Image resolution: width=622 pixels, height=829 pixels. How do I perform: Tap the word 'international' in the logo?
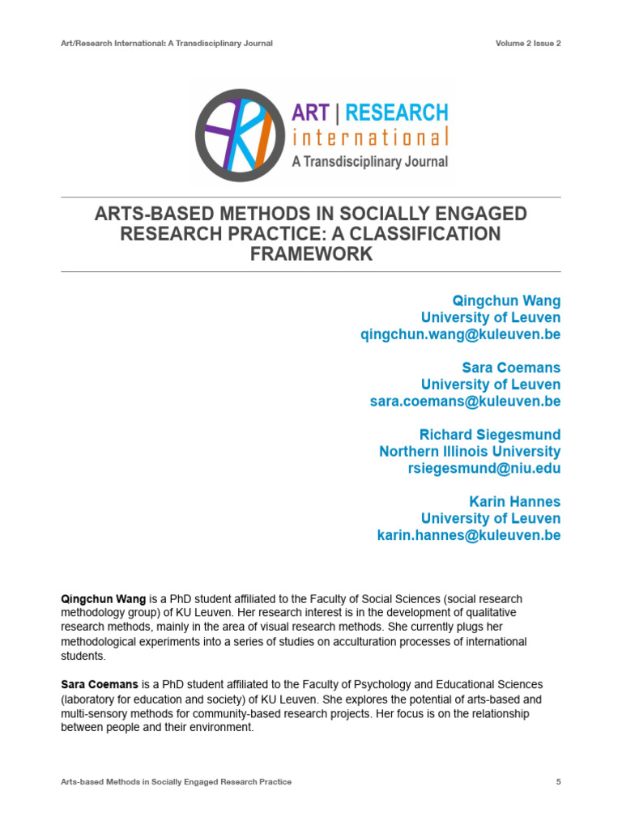(369, 138)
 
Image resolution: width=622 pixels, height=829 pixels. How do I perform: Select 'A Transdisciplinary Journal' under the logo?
(369, 161)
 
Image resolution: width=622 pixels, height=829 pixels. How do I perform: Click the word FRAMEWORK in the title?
(311, 253)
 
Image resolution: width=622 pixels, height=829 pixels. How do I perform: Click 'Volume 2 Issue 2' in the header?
(528, 43)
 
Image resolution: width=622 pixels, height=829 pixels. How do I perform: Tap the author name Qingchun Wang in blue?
(506, 301)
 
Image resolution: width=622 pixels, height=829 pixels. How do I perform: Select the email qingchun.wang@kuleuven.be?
(460, 334)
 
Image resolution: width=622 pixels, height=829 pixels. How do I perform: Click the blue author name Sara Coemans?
(511, 368)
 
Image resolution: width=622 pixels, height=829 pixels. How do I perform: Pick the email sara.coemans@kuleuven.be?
(465, 402)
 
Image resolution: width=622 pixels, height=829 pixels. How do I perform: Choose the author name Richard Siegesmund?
(489, 435)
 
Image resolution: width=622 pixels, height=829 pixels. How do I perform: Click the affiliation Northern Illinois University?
(470, 452)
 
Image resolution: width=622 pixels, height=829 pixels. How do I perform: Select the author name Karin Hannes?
(513, 502)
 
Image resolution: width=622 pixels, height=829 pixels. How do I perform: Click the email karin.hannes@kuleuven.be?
(469, 535)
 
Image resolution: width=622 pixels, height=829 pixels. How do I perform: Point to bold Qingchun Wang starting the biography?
(104, 598)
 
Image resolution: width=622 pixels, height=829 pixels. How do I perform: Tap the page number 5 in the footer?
(558, 782)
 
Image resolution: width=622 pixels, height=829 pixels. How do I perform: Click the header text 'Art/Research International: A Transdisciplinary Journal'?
(167, 43)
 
